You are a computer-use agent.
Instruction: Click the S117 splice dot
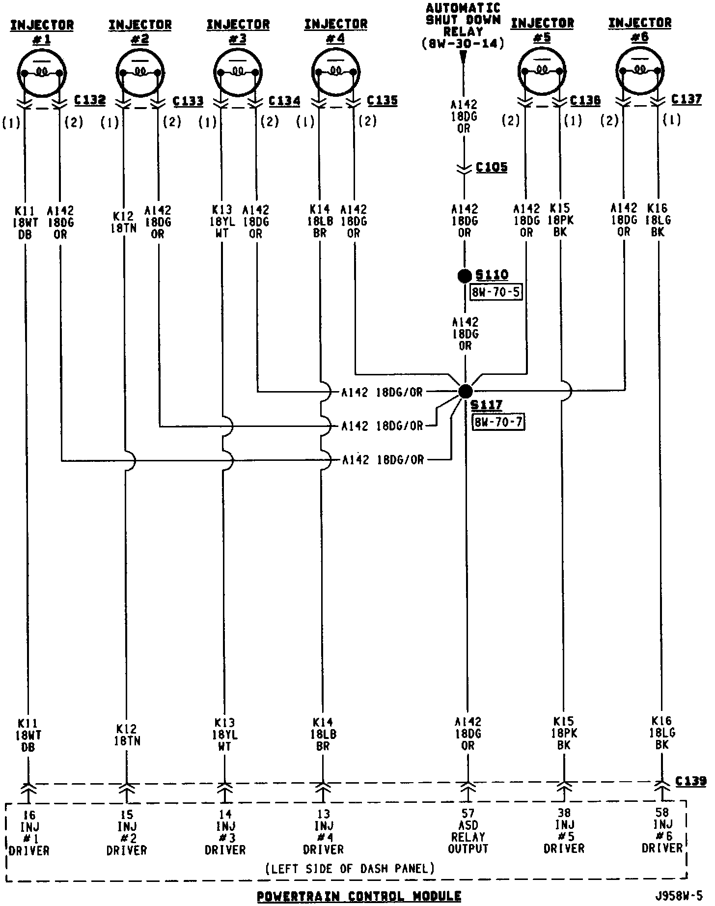point(465,391)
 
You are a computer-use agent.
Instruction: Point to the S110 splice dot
point(464,276)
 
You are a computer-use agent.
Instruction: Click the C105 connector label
point(492,168)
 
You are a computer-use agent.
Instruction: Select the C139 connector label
point(691,781)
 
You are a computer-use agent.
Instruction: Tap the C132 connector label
point(90,100)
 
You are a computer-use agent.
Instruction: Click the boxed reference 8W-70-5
point(496,292)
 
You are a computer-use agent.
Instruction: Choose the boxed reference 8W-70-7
point(498,422)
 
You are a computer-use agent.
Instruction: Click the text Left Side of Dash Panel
point(350,868)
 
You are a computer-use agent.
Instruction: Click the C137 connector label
point(687,99)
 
